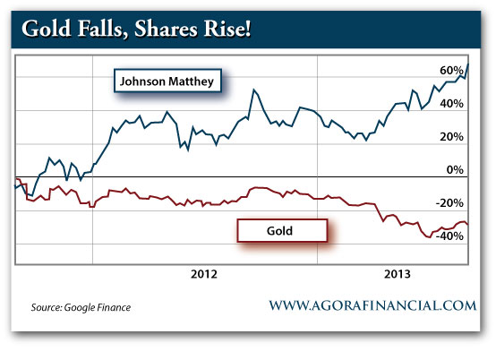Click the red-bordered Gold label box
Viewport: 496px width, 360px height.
coord(280,230)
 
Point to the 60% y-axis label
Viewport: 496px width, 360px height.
coord(451,70)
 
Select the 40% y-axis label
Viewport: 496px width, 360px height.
coord(451,104)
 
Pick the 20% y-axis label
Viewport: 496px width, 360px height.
coord(451,137)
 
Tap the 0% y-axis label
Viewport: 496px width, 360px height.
coord(455,170)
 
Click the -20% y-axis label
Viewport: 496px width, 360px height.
coord(449,203)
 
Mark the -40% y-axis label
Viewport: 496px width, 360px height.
coord(449,236)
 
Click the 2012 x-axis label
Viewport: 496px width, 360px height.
coord(206,275)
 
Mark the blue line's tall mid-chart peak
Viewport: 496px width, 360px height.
coord(255,90)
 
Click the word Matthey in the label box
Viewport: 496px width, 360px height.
coord(192,82)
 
